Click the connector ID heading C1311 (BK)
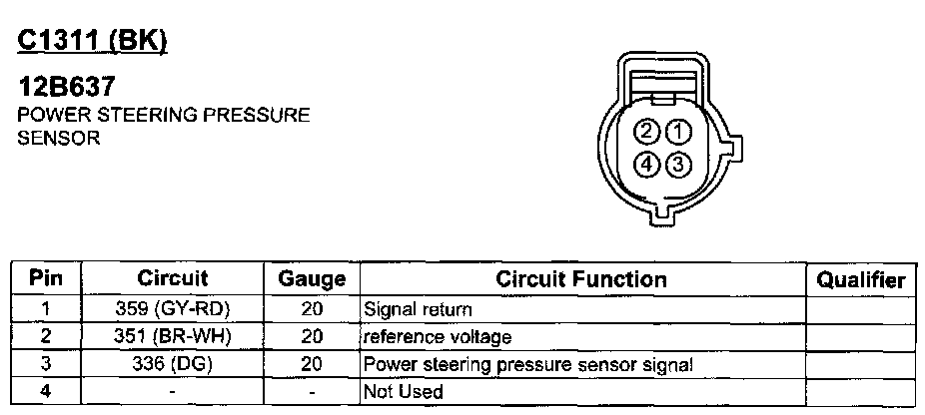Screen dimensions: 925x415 coord(92,41)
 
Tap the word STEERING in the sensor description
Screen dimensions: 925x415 coord(127,116)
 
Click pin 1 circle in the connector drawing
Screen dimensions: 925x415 coord(678,132)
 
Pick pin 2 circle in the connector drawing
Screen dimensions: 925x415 coord(648,132)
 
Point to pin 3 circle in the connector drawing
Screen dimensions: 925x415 coord(678,164)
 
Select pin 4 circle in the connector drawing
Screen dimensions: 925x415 coord(648,164)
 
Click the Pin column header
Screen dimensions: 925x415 coord(46,278)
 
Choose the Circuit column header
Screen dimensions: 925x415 coord(173,278)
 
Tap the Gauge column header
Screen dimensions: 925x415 coord(311,279)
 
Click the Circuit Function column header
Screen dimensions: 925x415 coord(581,278)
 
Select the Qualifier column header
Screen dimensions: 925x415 coord(860,279)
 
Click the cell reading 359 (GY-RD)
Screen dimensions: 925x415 coord(173,309)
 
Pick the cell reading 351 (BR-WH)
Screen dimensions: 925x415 coord(173,336)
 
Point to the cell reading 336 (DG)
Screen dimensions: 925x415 coord(173,364)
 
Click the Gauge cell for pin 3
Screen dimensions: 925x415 coord(311,364)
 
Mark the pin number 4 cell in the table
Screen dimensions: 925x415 coord(46,391)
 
